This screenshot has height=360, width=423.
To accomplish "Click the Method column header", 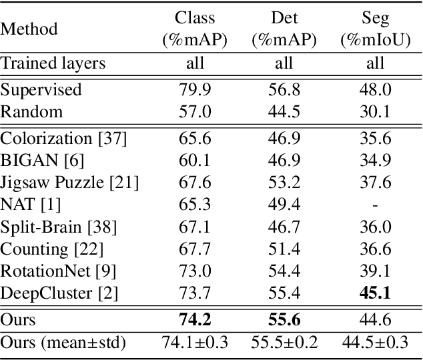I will pyautogui.click(x=29, y=29).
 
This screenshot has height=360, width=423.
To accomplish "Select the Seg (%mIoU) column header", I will pyautogui.click(x=375, y=29).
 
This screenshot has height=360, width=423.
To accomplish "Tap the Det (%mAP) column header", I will pyautogui.click(x=284, y=29).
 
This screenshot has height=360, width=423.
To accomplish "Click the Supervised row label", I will pyautogui.click(x=41, y=89).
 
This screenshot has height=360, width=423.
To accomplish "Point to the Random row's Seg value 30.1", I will pyautogui.click(x=375, y=111).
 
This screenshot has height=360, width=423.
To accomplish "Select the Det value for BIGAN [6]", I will pyautogui.click(x=284, y=161).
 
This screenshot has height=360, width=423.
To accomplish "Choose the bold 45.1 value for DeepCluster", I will pyautogui.click(x=375, y=292).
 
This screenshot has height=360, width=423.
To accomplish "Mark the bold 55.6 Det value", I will pyautogui.click(x=284, y=319).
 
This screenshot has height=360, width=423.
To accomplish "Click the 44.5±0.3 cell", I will pyautogui.click(x=375, y=343).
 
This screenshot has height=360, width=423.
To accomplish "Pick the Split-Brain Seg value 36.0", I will pyautogui.click(x=375, y=227).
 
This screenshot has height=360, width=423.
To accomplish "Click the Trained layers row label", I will pyautogui.click(x=53, y=64).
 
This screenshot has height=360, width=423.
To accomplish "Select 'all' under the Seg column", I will pyautogui.click(x=375, y=64).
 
